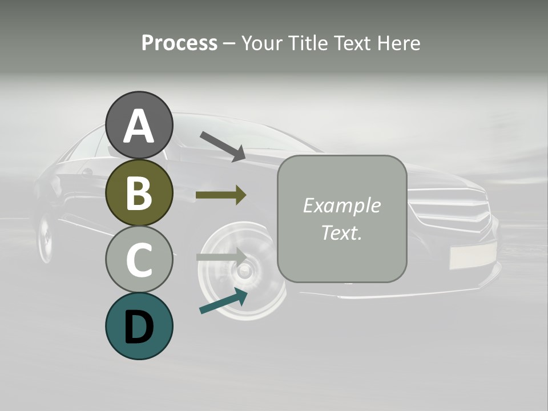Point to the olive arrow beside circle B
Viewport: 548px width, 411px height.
220,195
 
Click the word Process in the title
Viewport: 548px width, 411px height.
179,43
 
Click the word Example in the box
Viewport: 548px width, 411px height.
341,205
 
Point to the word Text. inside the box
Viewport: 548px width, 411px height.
341,232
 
